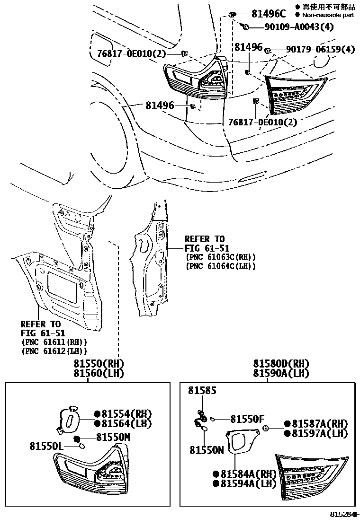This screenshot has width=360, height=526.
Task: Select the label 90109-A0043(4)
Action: point(292,26)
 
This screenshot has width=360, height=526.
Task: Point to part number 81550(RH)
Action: point(98,364)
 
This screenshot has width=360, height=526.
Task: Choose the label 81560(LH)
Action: point(98,373)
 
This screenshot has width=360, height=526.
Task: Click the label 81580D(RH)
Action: point(281,364)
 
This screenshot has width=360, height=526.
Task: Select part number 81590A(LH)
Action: point(281,373)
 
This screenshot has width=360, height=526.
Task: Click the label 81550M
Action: point(113,437)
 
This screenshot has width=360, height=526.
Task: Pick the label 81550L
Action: point(47,446)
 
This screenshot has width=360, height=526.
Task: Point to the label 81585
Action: point(202,390)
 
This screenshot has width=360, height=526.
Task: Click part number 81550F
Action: point(247,419)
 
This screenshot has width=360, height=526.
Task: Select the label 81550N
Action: point(207,450)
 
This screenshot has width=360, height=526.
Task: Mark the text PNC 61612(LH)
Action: point(54,351)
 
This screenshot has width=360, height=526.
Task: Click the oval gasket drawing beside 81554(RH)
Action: point(68,420)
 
